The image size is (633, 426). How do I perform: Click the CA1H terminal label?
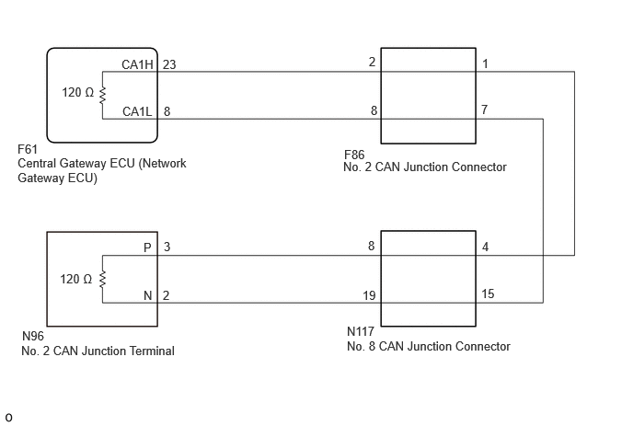[137, 64]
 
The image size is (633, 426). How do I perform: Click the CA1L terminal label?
[137, 111]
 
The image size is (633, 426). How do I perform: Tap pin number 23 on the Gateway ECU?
[169, 64]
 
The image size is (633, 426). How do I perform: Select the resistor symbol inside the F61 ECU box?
[102, 96]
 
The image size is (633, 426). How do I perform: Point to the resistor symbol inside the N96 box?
[102, 279]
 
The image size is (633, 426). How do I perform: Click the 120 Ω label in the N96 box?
[75, 279]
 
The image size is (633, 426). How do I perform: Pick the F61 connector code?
[28, 149]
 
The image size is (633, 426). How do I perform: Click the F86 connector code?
[354, 155]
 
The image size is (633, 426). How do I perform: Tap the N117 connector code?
[361, 331]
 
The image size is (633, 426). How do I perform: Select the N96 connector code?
[33, 336]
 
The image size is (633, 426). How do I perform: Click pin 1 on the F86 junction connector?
[485, 63]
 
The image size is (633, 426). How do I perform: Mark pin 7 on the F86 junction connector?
[485, 109]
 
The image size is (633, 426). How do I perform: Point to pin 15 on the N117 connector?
[488, 294]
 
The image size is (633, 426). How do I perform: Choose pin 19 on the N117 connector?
[369, 295]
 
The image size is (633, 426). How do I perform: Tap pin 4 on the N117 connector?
[485, 247]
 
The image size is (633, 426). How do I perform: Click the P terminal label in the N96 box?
[147, 248]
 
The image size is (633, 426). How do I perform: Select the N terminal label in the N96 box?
[148, 295]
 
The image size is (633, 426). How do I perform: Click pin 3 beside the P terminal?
[167, 248]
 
